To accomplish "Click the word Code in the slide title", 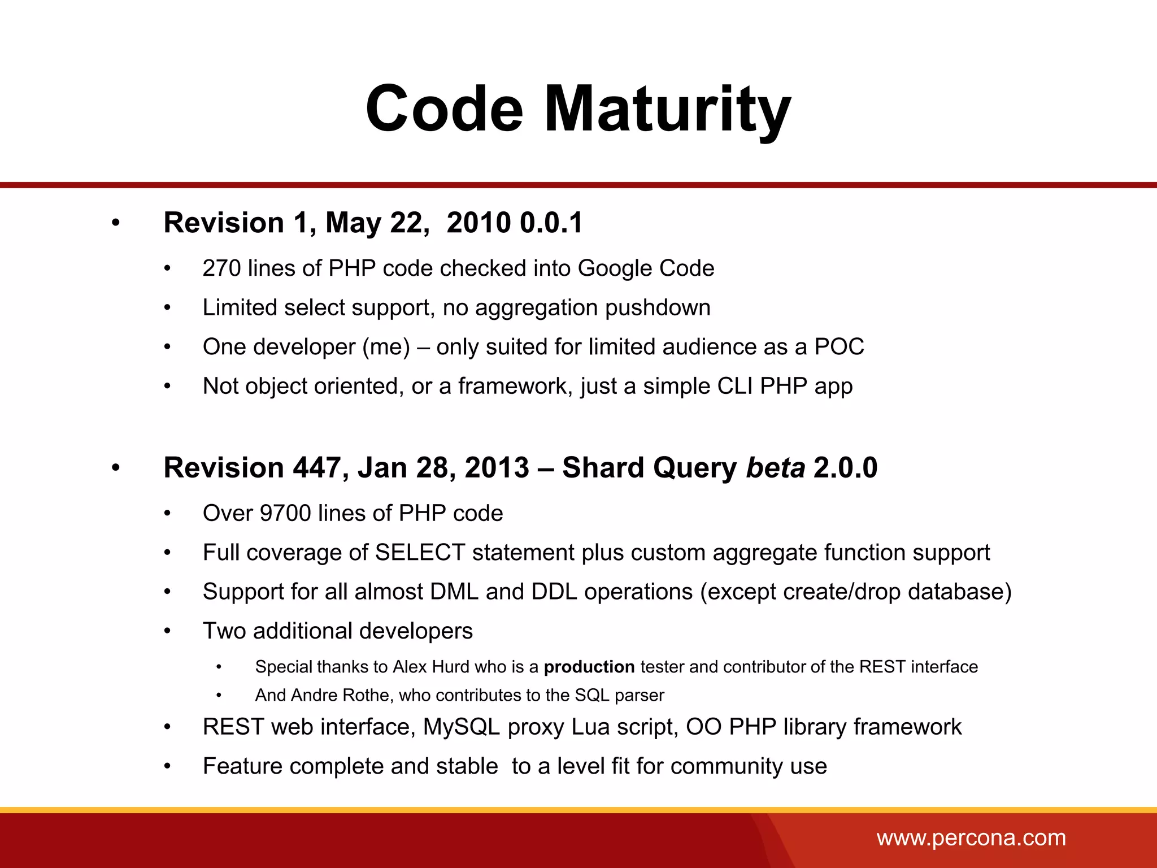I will tap(445, 108).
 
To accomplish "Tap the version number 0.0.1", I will tap(551, 223).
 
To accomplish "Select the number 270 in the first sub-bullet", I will tap(221, 268).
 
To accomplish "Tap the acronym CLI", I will tap(735, 387).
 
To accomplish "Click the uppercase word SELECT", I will tap(420, 553).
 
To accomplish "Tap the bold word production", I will tap(589, 667).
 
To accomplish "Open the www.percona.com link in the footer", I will tap(971, 837).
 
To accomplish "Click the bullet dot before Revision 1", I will tap(116, 223).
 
